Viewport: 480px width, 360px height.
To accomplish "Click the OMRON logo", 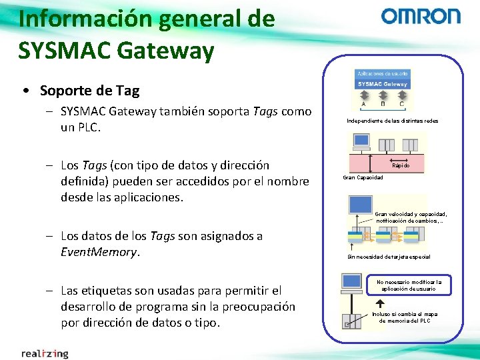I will click(x=420, y=17).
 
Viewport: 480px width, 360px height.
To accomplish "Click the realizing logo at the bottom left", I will click(x=45, y=353).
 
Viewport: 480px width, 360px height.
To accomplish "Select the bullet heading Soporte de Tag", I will click(x=89, y=90).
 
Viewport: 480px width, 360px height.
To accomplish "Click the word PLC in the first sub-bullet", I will click(x=86, y=127).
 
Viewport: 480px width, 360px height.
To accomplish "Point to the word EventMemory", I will click(x=99, y=252).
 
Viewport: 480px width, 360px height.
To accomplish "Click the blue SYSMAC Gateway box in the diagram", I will click(x=383, y=84).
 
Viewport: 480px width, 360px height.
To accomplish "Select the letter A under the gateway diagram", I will click(x=363, y=103).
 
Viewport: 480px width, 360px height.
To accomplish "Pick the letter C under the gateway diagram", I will click(x=401, y=103).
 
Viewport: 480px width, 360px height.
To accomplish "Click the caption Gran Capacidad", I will click(x=363, y=178).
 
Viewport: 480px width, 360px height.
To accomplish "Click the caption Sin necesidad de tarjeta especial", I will click(x=389, y=257).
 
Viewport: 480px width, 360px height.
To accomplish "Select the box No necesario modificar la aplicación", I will click(x=409, y=285).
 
